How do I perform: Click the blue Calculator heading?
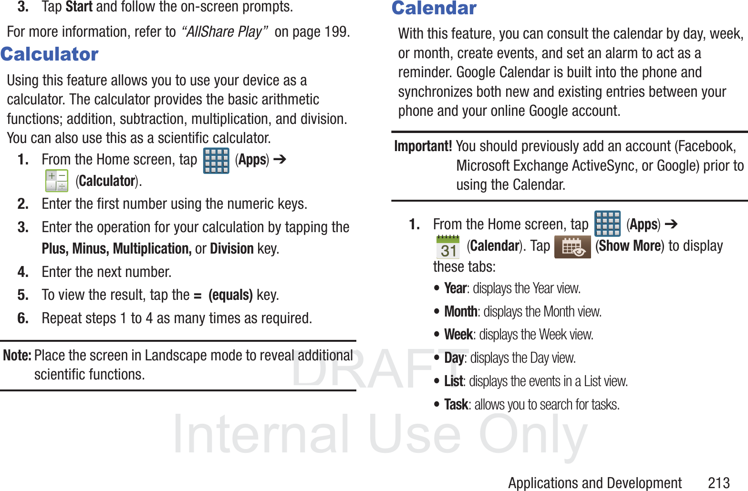pos(50,54)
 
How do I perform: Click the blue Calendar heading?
pos(434,8)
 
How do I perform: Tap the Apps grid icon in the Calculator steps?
pos(216,161)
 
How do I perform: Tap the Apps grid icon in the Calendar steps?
pos(607,224)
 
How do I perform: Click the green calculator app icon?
pos(57,181)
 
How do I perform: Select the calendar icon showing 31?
pos(448,247)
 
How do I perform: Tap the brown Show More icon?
pos(572,247)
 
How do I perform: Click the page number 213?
pos(719,483)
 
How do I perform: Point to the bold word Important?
pos(423,146)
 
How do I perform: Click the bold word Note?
pos(17,355)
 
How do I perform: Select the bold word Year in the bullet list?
pos(455,288)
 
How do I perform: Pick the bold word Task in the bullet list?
pos(456,405)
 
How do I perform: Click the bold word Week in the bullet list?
pos(458,335)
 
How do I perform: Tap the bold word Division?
pos(232,249)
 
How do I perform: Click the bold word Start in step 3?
pos(79,7)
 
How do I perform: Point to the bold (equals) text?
pos(230,295)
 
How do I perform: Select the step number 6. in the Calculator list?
pos(23,318)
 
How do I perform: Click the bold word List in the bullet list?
pos(453,381)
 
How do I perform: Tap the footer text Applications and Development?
pos(594,483)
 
